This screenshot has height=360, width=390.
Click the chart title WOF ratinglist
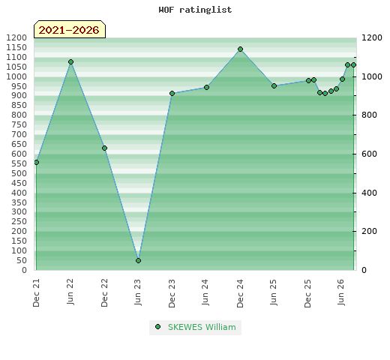point(195,10)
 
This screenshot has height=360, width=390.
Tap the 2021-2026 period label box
point(70,29)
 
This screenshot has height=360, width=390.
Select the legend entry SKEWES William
point(196,327)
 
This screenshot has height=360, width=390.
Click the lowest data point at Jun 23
point(138,260)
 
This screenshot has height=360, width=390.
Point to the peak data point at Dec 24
point(240,49)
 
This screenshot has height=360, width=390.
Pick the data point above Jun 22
point(70,61)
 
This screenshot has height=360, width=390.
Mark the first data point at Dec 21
point(37,163)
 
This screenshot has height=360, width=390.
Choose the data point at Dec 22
point(104,148)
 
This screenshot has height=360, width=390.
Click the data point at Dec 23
point(172,93)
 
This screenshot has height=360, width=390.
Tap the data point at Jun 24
point(206,87)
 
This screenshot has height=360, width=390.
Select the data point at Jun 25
point(274,85)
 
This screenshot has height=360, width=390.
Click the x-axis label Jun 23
point(138,292)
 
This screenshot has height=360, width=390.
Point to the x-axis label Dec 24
point(240,293)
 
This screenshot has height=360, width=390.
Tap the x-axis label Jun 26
point(341,292)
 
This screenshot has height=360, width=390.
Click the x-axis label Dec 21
point(36,293)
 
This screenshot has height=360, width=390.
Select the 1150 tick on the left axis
point(16,47)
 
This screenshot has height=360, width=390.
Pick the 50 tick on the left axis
point(22,260)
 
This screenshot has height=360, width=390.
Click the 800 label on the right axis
point(369,115)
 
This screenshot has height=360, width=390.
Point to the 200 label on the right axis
point(369,231)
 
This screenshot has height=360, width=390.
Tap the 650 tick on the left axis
point(19,144)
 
